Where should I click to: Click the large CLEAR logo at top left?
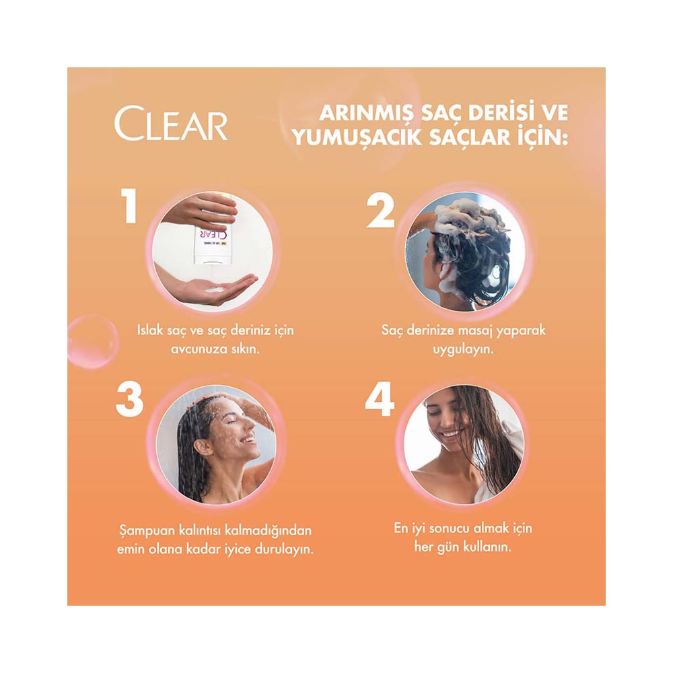point(171,124)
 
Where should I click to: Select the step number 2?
point(380,209)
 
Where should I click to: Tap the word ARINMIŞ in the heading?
point(367,114)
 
